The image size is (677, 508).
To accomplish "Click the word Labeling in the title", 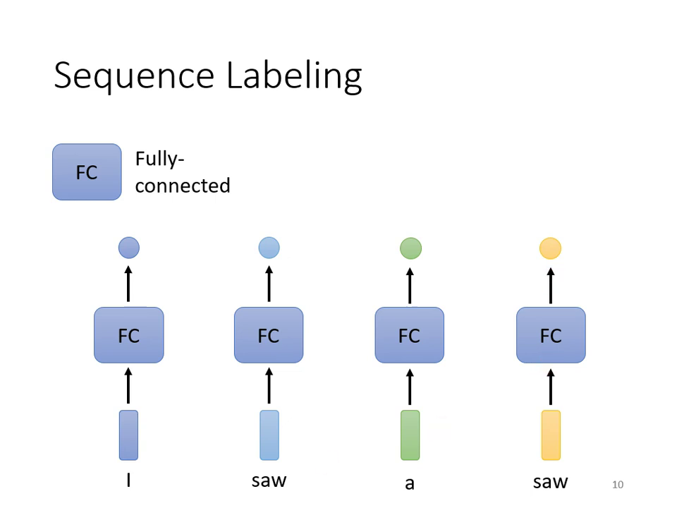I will point(294,76).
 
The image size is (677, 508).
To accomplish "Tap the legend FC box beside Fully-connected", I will point(87,172).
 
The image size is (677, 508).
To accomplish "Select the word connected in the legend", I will point(183,186).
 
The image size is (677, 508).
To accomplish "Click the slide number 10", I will point(618,485).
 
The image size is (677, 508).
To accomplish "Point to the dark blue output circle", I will point(128,248).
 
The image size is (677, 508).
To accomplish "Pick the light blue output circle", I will point(269,248).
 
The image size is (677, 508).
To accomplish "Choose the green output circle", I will point(410,248).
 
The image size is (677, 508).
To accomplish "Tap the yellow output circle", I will point(550,248).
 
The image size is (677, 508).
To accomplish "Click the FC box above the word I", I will point(128,335).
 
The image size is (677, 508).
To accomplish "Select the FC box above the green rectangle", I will point(409,335).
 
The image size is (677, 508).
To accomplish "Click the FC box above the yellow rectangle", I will point(551,335).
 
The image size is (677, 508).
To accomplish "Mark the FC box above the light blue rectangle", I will point(269,335).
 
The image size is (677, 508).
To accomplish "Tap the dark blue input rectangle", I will point(128,435).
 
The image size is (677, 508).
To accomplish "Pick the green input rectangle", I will point(410,435).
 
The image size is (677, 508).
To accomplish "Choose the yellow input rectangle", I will point(551,435).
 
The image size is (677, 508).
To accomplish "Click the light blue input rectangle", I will point(269,435).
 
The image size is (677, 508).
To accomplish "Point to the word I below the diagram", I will point(128,481).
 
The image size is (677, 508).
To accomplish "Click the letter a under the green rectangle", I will point(410,484).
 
